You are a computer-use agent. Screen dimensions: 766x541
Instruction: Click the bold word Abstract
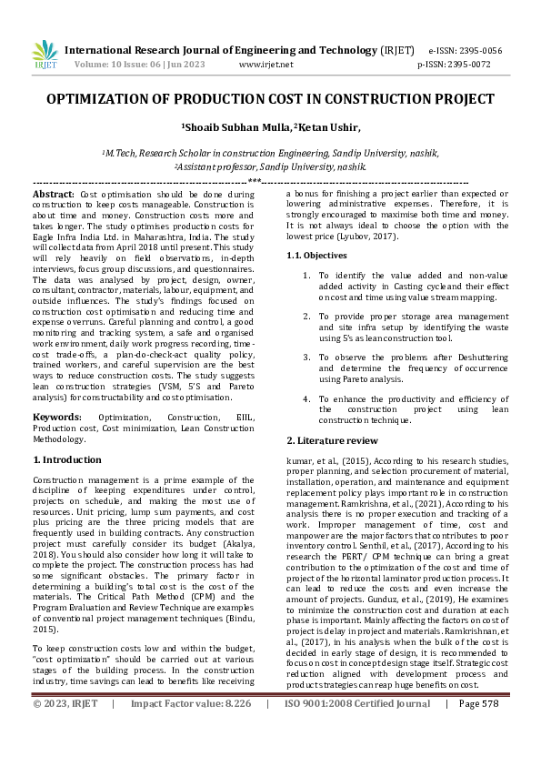(54, 195)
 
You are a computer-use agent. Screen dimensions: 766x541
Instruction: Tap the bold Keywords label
(58, 417)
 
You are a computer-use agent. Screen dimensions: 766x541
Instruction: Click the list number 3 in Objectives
(307, 358)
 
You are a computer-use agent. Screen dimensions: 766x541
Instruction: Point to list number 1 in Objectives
(307, 274)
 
